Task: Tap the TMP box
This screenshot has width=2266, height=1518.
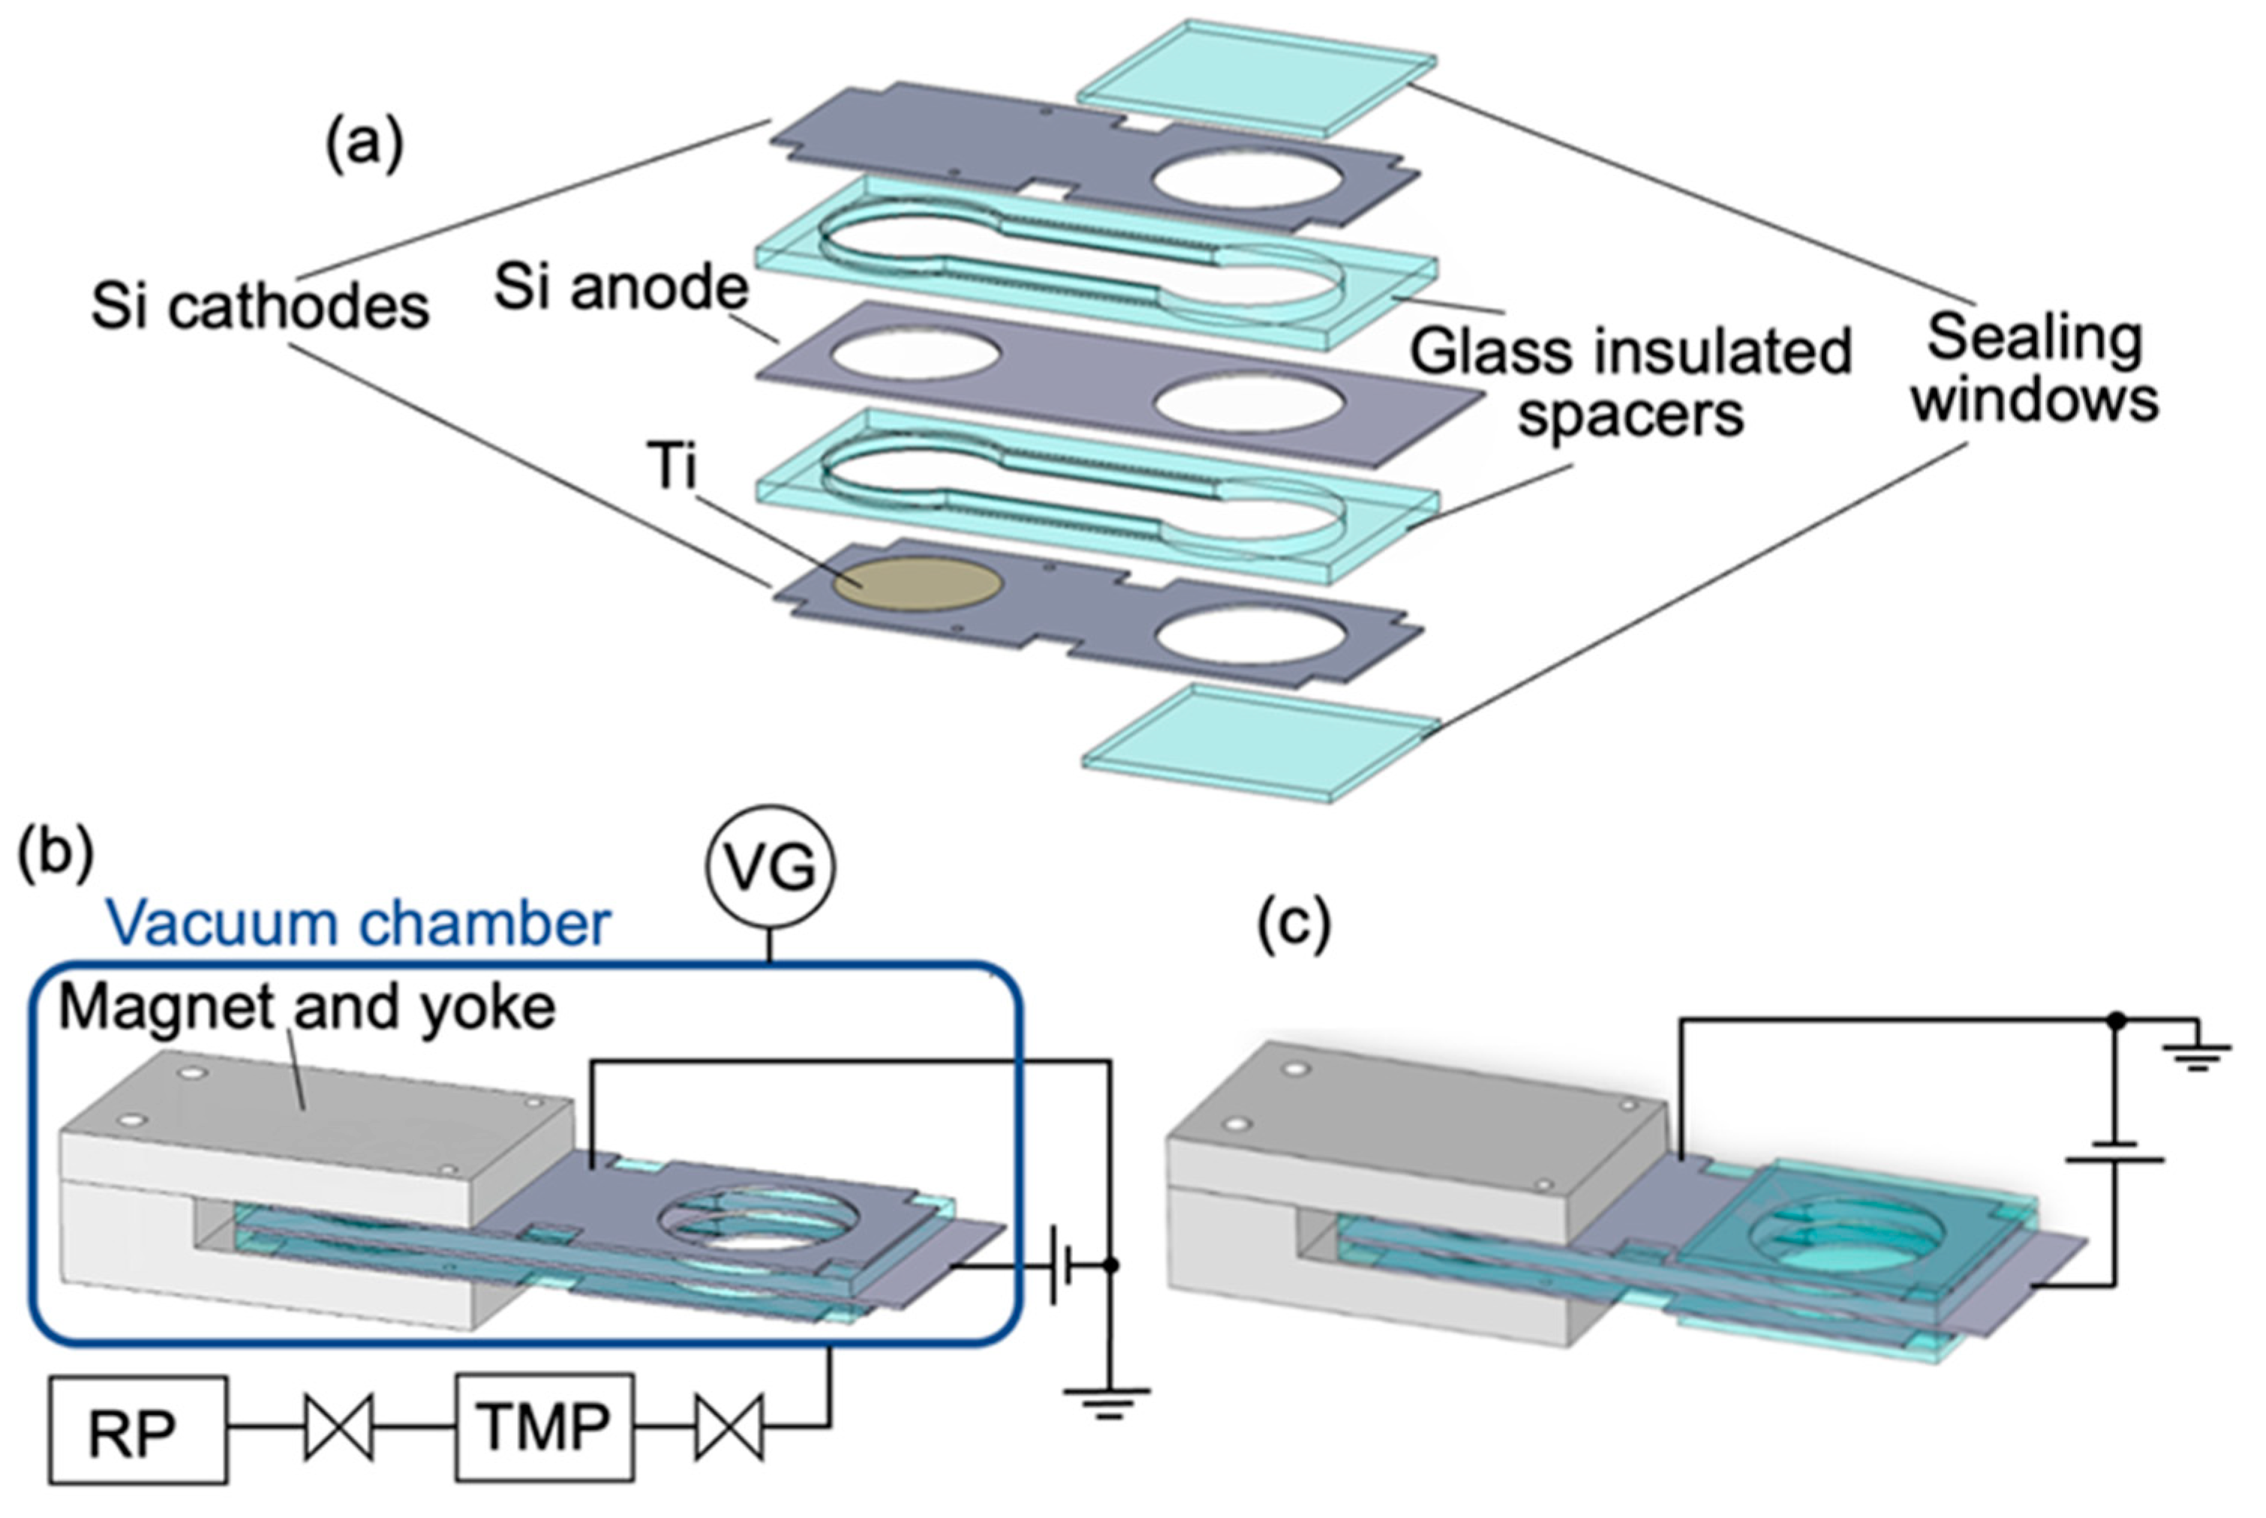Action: point(545,1427)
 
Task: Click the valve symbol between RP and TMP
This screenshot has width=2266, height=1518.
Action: point(339,1427)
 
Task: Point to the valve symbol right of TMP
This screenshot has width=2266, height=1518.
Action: point(729,1427)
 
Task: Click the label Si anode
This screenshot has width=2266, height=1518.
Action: point(621,287)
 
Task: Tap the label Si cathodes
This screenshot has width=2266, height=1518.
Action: point(260,307)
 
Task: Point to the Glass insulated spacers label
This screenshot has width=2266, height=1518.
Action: point(1630,382)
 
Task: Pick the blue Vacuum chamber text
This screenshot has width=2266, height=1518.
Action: point(359,922)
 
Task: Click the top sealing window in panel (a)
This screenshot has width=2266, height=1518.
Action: point(1256,76)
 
